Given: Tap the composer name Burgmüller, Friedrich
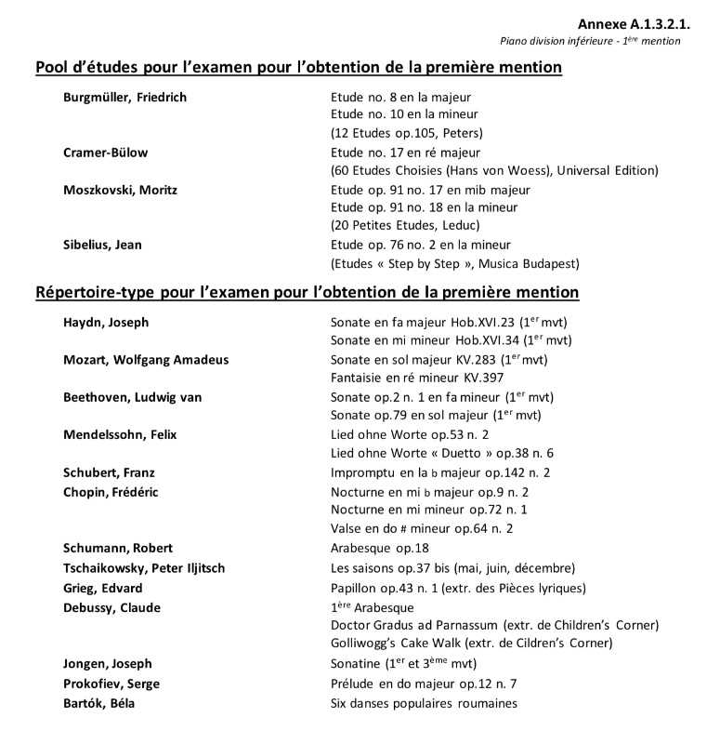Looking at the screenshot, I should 125,97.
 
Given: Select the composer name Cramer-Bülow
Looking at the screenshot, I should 105,152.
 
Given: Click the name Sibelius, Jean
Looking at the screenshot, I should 102,245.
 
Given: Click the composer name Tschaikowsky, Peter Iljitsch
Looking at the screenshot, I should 144,567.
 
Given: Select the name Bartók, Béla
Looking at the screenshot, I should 98,703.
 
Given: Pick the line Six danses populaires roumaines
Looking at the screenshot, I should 424,703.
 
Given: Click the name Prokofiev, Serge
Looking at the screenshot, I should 111,684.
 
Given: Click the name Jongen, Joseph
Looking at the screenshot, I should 108,664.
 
